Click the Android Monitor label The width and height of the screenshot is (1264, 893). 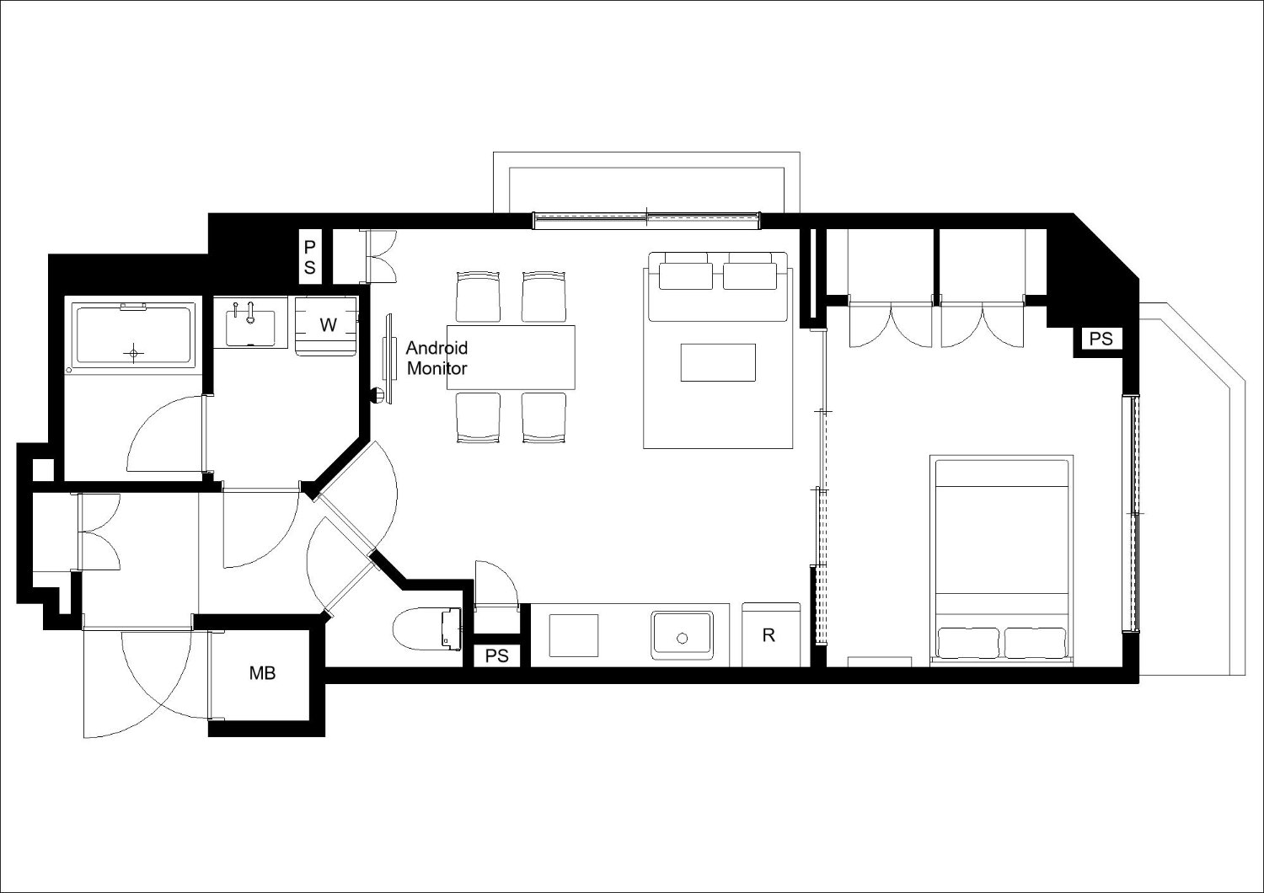(x=437, y=358)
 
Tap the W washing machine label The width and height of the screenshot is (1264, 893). (x=328, y=324)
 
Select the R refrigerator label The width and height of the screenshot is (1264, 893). (x=768, y=635)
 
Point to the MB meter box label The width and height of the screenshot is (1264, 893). (x=262, y=673)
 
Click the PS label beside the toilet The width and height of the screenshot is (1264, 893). (x=496, y=655)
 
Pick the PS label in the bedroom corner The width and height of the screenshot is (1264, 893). (x=1101, y=339)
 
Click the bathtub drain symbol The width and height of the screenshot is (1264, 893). (x=134, y=354)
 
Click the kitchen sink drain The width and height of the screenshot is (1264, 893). (x=683, y=639)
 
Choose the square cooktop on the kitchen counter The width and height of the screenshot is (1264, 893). (x=573, y=635)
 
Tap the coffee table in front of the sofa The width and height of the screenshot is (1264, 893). (x=718, y=363)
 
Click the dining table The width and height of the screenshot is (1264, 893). (x=511, y=357)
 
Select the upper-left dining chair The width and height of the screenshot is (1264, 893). (x=478, y=297)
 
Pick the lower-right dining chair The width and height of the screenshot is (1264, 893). (x=544, y=418)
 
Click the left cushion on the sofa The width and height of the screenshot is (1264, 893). (x=686, y=276)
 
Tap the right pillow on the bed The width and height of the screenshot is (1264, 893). (x=1036, y=643)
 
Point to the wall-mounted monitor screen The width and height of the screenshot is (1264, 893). (x=388, y=358)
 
